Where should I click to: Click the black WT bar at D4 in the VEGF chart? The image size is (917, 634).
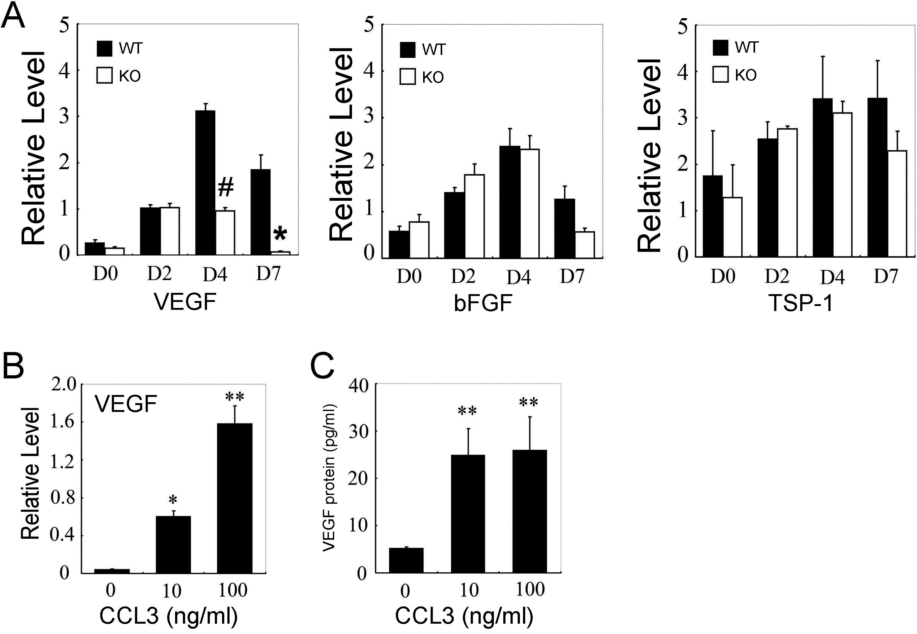205,183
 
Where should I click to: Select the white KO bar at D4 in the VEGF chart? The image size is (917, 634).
225,232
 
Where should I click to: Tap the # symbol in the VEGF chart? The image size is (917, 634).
225,188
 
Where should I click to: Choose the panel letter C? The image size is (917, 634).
322,367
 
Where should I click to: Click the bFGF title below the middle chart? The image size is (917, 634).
483,304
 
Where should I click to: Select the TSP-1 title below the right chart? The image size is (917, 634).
800,304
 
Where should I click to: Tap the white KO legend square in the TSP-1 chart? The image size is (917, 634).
720,75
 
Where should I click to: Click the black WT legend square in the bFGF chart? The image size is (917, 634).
407,50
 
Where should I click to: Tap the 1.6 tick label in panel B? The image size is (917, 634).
62,422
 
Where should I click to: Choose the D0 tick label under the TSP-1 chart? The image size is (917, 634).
723,276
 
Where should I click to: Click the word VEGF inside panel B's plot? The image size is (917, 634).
126,404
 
